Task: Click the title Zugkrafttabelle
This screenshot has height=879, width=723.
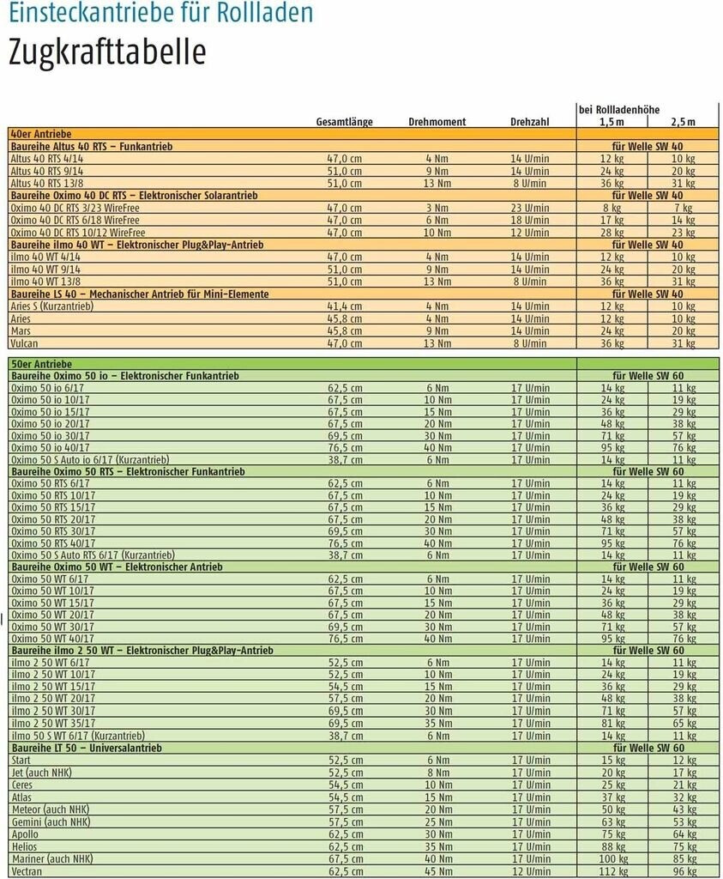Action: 107,52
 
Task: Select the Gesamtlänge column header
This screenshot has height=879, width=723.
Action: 344,122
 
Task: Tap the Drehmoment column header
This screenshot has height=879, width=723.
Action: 437,122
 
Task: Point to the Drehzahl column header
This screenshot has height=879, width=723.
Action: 529,122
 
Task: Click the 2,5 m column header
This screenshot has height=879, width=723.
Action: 683,122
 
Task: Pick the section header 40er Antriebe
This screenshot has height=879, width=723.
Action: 40,135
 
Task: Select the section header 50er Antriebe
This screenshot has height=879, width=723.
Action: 40,364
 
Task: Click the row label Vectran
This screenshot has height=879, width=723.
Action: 27,871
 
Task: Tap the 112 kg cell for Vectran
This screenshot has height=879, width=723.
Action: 612,871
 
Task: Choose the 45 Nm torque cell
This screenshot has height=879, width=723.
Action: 437,871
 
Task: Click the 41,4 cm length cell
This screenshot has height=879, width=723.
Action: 345,306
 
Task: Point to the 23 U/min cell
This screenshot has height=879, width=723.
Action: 530,208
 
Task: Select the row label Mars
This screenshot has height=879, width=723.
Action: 21,331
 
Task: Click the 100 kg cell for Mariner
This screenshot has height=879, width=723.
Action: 612,858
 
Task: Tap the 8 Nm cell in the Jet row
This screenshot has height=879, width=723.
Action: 437,773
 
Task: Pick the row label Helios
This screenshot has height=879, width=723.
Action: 24,846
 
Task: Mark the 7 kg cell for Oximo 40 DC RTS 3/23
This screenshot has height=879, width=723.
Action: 683,208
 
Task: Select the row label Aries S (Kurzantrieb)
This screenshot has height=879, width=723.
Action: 51,306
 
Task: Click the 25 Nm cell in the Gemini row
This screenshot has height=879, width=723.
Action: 437,821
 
